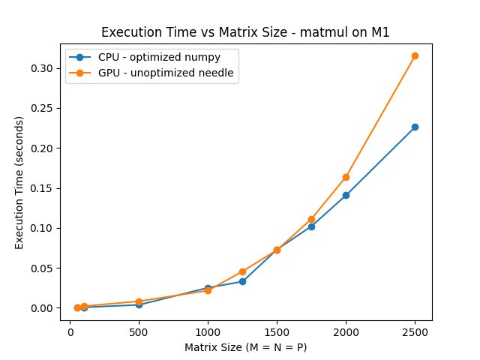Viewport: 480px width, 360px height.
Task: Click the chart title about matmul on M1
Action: [x=245, y=32]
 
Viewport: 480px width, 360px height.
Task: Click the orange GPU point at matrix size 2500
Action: [x=415, y=55]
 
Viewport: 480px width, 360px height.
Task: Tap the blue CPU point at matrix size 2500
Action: [x=415, y=127]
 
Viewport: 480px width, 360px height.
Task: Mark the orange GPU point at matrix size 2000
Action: [x=346, y=177]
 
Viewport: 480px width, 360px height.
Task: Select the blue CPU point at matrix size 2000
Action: [x=346, y=195]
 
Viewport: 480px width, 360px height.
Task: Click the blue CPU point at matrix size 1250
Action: [x=242, y=281]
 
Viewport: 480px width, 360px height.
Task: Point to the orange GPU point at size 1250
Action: [x=242, y=271]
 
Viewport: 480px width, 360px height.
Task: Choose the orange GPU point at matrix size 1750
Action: [x=311, y=219]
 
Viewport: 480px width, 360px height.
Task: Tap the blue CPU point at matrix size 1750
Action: [x=311, y=226]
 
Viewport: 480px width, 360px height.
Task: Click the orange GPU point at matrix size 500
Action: [x=139, y=301]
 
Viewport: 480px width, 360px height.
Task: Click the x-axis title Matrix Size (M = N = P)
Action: [x=245, y=347]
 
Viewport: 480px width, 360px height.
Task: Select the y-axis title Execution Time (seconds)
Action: [x=19, y=182]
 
